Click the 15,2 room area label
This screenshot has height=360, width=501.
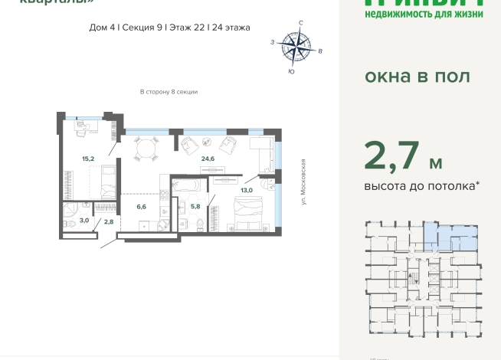pos(88,159)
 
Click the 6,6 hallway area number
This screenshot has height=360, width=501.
pos(140,206)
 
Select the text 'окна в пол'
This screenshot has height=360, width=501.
pos(416,77)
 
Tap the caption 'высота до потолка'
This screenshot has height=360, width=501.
pos(422,185)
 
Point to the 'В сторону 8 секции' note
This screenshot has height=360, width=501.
pos(169,92)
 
